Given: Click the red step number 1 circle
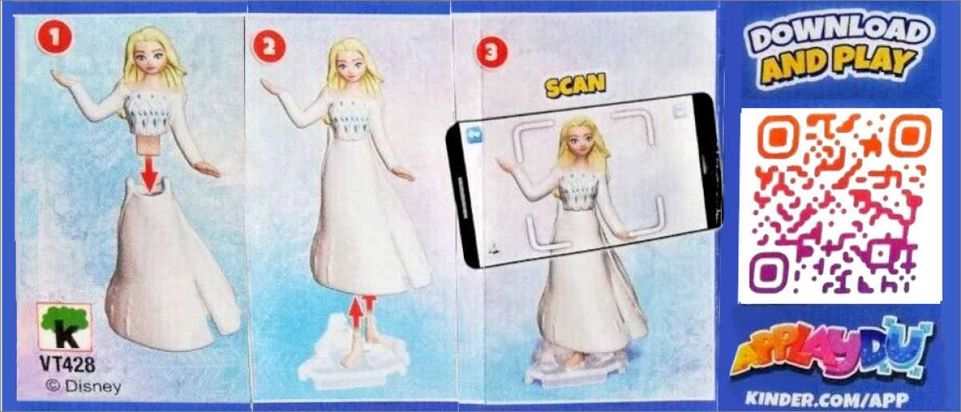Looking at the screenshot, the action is pos(54,38).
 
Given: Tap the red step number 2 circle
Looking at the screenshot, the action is pos(268,47).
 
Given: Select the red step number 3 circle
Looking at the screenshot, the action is pos(491,52).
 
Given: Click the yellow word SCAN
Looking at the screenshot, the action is pos(575,85).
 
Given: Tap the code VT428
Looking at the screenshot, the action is pos(68,364).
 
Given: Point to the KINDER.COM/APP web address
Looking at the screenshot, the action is pos(827,398).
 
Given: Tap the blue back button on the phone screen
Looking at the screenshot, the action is pos(473,134).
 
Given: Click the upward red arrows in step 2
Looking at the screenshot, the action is pos(361,312).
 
